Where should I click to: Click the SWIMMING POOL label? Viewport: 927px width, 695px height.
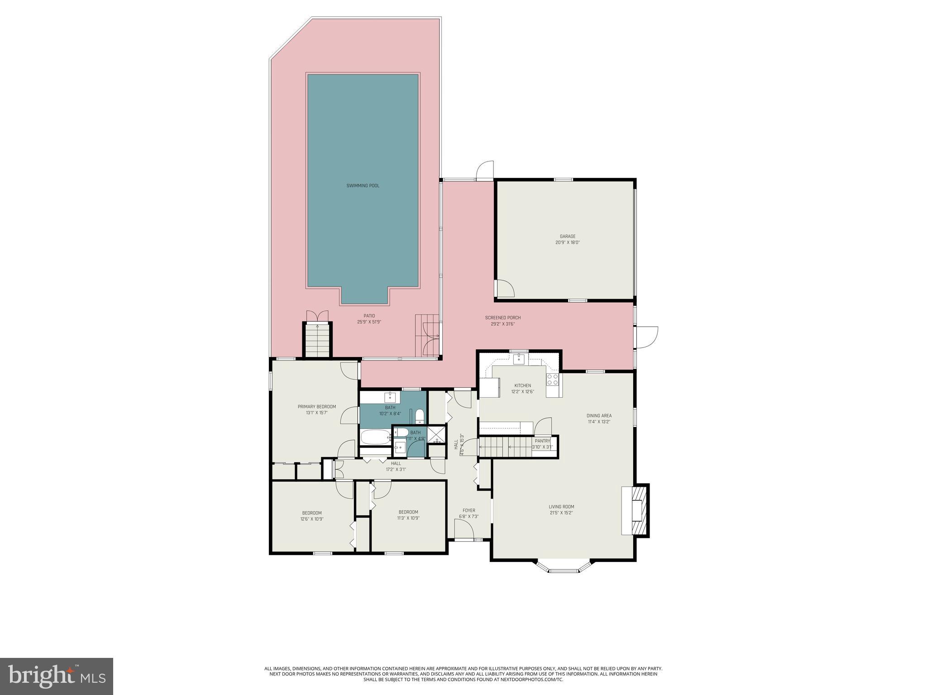click(x=363, y=186)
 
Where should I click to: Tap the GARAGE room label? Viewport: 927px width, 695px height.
click(x=567, y=236)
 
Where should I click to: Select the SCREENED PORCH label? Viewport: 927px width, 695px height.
click(x=502, y=318)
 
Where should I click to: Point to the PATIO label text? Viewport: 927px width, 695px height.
click(x=369, y=316)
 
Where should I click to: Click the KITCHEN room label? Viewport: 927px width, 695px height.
click(x=522, y=386)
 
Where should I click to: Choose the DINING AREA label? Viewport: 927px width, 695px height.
click(x=599, y=415)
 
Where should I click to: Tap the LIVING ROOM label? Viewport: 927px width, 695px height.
click(x=561, y=507)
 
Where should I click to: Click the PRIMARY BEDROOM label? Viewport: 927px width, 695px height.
click(x=316, y=406)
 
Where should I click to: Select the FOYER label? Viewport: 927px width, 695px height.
click(x=468, y=510)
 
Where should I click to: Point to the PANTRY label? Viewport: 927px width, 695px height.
click(x=542, y=441)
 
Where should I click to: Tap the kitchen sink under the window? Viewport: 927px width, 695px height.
click(x=520, y=359)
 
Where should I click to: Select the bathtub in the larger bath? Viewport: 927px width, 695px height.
click(x=375, y=437)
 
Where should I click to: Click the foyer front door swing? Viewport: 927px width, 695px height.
click(x=463, y=528)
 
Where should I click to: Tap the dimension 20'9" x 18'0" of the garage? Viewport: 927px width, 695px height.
click(x=567, y=243)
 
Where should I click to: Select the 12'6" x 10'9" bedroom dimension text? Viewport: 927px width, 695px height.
click(x=312, y=519)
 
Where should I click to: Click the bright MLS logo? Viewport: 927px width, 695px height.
click(x=57, y=676)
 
